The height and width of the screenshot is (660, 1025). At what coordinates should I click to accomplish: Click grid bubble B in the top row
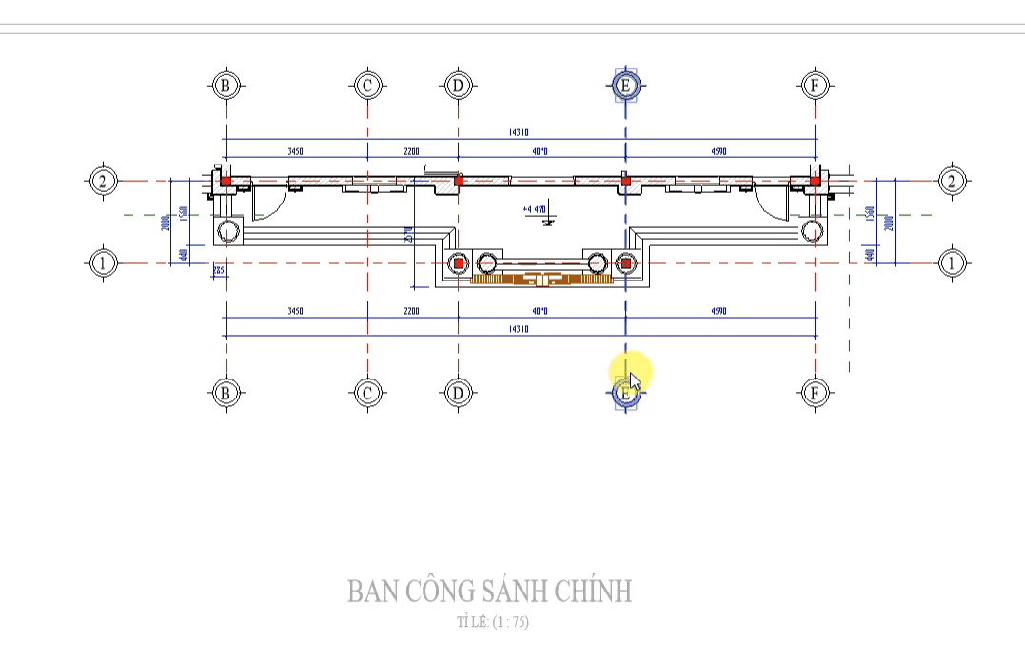coord(226,86)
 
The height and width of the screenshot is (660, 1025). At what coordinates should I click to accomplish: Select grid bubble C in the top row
coord(367,86)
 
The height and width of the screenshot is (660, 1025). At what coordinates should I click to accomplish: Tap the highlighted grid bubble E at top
coord(625,86)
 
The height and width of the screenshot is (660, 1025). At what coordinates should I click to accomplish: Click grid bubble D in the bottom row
coord(458,391)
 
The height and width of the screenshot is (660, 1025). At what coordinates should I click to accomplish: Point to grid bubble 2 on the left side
coord(103,181)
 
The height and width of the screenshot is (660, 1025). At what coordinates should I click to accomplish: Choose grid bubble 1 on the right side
coord(952,262)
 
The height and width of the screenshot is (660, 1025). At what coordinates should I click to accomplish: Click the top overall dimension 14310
coord(519,133)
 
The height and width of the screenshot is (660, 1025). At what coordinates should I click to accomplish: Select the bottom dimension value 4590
coord(719,311)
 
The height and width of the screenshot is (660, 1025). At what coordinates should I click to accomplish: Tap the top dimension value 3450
coord(296,151)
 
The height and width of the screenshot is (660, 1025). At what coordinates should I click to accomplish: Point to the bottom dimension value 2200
coord(412,311)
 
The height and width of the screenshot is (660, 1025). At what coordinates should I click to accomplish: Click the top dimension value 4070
coord(541,151)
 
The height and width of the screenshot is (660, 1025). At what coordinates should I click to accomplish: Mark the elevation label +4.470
coord(535,209)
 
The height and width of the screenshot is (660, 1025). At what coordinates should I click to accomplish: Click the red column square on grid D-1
coord(459,262)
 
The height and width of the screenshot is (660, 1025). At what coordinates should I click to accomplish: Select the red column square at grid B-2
coord(227,181)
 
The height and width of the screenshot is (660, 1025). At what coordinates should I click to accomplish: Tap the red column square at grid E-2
coord(625,180)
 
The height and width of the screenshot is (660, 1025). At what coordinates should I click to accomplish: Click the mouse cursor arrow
coord(634,380)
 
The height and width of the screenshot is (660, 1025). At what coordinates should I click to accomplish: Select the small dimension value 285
coord(218,271)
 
